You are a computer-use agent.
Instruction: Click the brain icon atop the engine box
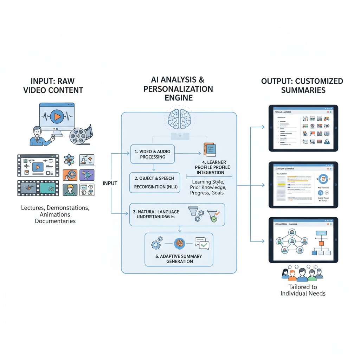(x=179, y=118)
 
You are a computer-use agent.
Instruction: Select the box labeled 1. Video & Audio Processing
(x=153, y=154)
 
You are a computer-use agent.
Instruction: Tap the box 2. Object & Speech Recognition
(x=155, y=182)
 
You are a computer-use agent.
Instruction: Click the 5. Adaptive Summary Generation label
(x=179, y=259)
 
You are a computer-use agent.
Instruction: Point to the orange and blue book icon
(x=210, y=149)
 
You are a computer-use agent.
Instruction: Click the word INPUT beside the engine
(x=110, y=184)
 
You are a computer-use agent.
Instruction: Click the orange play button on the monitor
(x=57, y=116)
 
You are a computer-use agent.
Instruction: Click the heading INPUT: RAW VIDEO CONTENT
(x=53, y=85)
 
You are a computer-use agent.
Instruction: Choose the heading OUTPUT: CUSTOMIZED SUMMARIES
(x=302, y=85)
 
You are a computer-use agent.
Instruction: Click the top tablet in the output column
(x=303, y=128)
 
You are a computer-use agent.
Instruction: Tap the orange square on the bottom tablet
(x=321, y=243)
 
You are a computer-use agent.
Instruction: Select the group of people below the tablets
(x=302, y=274)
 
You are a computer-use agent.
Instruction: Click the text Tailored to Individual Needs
(x=303, y=290)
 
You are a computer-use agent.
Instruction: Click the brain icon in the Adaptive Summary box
(x=179, y=243)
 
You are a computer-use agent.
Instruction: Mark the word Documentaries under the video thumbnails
(x=55, y=221)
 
